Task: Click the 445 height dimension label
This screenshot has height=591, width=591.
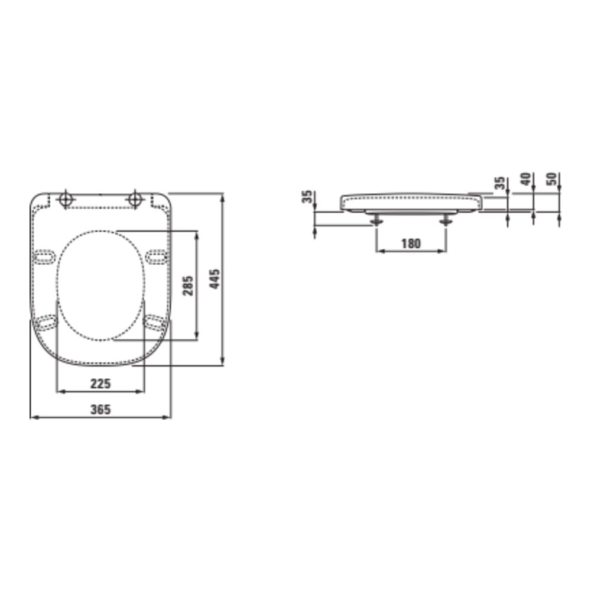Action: click(215, 280)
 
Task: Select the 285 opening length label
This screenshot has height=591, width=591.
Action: click(188, 285)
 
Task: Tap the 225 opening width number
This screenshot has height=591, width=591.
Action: click(100, 384)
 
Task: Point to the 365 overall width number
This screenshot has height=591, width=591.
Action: click(100, 410)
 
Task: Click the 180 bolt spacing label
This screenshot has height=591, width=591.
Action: click(411, 244)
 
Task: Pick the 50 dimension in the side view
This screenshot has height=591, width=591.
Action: click(551, 178)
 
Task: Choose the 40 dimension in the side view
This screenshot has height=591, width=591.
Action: click(525, 178)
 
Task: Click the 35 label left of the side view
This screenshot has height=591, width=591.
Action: click(307, 197)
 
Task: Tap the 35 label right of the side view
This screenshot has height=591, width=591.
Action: click(499, 183)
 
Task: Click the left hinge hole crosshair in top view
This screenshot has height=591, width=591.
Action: click(66, 199)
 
